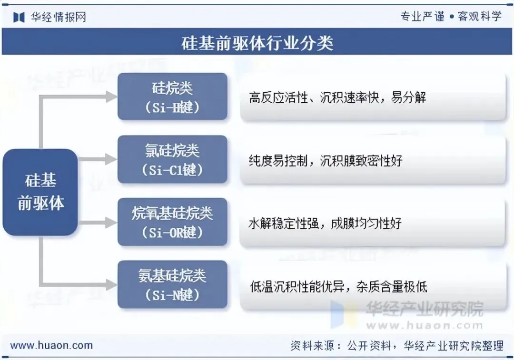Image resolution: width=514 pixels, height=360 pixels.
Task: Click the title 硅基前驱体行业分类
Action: point(257,43)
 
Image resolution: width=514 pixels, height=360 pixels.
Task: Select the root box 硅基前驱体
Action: point(40,192)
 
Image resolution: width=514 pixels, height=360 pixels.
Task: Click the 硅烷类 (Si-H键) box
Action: point(172,97)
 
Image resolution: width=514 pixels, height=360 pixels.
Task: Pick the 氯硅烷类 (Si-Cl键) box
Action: point(172,159)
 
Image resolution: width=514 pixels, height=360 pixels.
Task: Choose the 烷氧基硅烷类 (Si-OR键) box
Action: point(172,222)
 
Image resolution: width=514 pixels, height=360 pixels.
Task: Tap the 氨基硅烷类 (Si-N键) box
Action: point(172,284)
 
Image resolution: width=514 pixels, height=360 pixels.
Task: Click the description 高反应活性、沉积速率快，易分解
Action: point(337,98)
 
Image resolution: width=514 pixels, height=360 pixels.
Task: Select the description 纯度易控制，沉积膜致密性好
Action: point(326,160)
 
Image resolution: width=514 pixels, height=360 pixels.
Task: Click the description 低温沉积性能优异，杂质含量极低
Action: point(338,286)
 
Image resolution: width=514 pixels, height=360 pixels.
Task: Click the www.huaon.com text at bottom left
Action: point(51,346)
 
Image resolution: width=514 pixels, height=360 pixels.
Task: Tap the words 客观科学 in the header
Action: point(479,17)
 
